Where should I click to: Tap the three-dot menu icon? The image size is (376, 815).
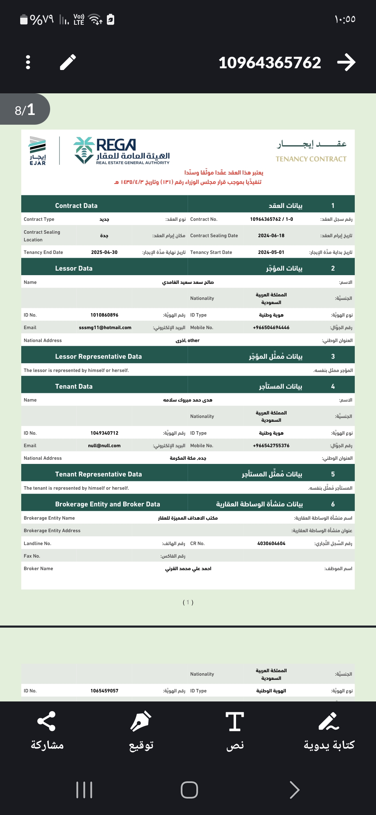tap(28, 62)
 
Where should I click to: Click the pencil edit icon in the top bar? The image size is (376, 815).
tap(68, 62)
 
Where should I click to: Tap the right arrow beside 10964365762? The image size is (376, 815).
tap(346, 62)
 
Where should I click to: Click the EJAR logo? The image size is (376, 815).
tap(38, 151)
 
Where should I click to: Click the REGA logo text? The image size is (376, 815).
tap(116, 145)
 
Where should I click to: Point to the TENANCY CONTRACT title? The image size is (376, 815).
tap(311, 159)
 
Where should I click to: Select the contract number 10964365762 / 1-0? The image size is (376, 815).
tap(271, 219)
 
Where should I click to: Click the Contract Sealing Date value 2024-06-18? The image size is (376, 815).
tap(271, 236)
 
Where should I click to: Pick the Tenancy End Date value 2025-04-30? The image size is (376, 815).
tap(104, 253)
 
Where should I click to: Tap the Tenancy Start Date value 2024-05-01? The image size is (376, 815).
tap(271, 253)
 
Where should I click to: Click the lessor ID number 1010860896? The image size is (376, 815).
tap(104, 315)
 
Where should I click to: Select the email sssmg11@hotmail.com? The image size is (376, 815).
tap(105, 328)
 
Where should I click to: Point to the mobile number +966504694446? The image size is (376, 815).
tap(271, 328)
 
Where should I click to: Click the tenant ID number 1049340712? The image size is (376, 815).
tap(104, 433)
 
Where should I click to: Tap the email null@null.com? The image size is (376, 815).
tap(104, 446)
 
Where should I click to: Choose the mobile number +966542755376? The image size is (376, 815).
tap(271, 446)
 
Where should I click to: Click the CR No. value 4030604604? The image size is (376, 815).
tap(271, 544)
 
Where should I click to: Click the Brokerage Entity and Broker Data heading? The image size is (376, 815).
tap(107, 504)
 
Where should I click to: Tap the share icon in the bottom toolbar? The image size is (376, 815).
tap(47, 721)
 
